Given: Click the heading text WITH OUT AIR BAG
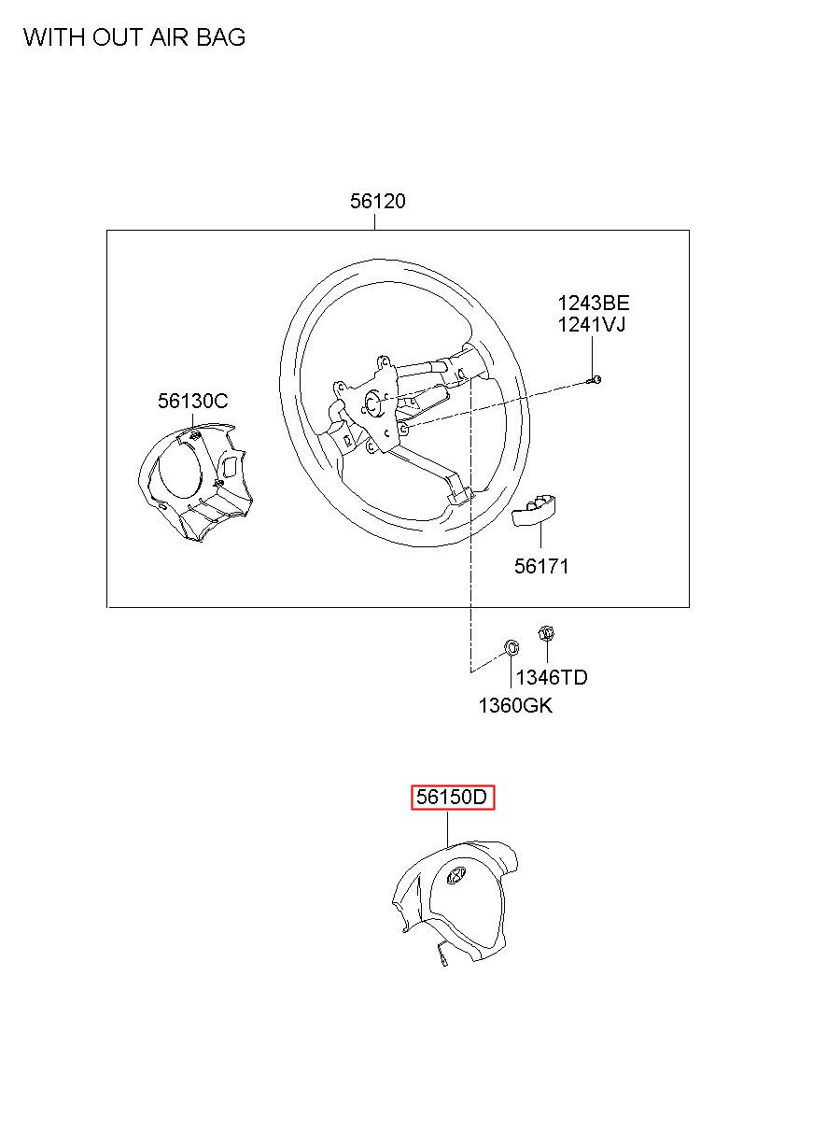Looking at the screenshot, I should tap(134, 37).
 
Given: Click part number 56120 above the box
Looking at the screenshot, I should tap(378, 201).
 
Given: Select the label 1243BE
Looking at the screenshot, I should tap(594, 303).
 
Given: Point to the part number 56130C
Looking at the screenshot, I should tap(192, 401).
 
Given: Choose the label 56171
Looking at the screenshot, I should tap(541, 566).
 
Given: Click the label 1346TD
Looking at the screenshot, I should tap(552, 677).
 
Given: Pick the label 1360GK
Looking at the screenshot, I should tap(515, 705).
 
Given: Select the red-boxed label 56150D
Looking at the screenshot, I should tap(453, 798).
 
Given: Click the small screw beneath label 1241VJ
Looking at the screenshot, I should tap(596, 378).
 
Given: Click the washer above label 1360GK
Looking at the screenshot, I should tap(511, 647).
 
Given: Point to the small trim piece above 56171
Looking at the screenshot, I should tap(535, 510).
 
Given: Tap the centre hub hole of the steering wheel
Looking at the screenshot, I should tap(371, 404).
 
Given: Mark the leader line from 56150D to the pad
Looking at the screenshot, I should tap(448, 827).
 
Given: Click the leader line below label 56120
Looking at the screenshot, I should tap(375, 221).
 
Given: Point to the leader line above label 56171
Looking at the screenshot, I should tap(541, 536).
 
